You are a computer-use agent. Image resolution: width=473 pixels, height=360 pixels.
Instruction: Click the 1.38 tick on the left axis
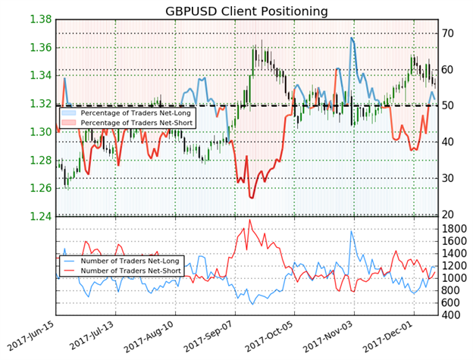(x=36, y=19)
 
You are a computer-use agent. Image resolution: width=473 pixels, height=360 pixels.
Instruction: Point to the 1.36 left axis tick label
(x=36, y=48)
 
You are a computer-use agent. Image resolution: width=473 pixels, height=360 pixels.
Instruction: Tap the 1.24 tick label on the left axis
(x=36, y=217)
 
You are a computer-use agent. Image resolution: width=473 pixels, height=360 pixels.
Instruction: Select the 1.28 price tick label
(x=36, y=161)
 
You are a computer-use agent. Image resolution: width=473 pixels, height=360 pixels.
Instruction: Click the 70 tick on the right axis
(x=448, y=33)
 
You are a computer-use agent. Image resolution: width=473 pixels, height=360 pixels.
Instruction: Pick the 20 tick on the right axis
(x=448, y=215)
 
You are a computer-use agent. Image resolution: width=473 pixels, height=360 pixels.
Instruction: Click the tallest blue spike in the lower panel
(x=351, y=230)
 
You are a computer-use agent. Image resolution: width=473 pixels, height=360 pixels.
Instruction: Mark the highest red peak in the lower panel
(x=249, y=221)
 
